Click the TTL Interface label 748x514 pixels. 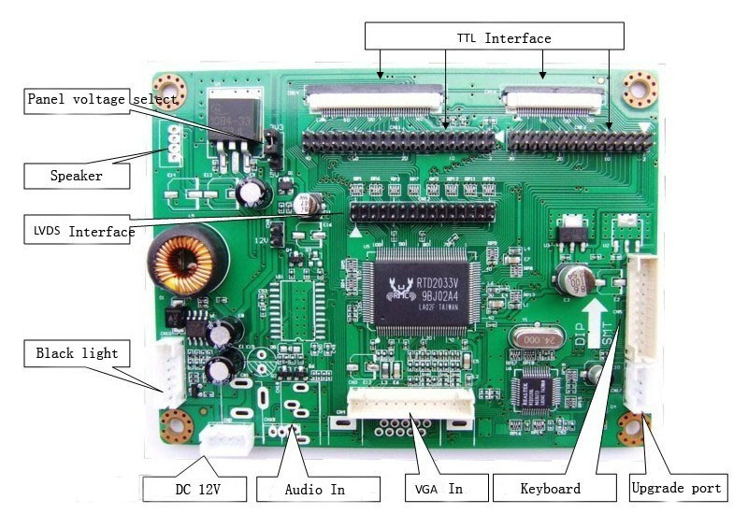503,38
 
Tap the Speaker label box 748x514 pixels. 77,175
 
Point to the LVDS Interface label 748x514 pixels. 78,231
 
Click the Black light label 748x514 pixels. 77,353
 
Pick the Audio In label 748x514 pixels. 314,488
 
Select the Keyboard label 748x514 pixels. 550,488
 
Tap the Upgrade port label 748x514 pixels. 676,488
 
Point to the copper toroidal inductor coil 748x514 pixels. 184,264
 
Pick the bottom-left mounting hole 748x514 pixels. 175,427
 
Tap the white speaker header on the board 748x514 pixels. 174,140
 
